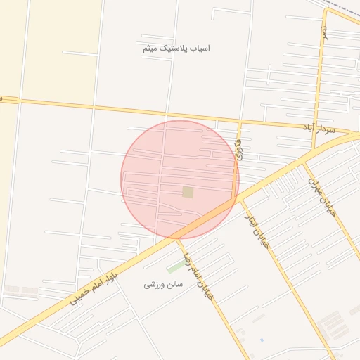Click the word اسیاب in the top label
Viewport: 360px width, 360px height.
[x=200, y=48]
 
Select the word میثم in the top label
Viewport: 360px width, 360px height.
[x=149, y=48]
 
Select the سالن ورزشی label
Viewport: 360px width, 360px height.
[x=163, y=285]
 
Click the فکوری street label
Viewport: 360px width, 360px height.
[x=239, y=149]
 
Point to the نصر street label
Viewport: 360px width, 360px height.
[x=324, y=33]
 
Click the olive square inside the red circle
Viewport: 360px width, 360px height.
[x=188, y=192]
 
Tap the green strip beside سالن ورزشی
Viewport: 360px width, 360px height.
[x=176, y=267]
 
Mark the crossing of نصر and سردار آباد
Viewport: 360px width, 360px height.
[x=314, y=127]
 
